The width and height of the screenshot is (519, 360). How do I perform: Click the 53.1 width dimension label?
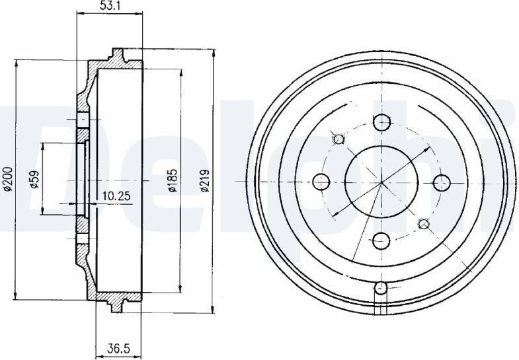click(x=110, y=7)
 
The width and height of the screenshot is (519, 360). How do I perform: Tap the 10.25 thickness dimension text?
click(x=116, y=196)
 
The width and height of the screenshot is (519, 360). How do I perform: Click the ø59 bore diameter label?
click(x=34, y=178)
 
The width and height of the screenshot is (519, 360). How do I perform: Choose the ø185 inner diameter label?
click(x=173, y=180)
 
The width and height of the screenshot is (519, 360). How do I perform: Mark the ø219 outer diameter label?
click(x=205, y=180)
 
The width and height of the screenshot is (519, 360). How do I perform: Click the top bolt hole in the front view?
click(x=381, y=122)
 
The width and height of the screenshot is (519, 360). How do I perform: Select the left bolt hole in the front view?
click(x=321, y=182)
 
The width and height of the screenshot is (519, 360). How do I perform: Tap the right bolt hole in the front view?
click(x=442, y=182)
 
